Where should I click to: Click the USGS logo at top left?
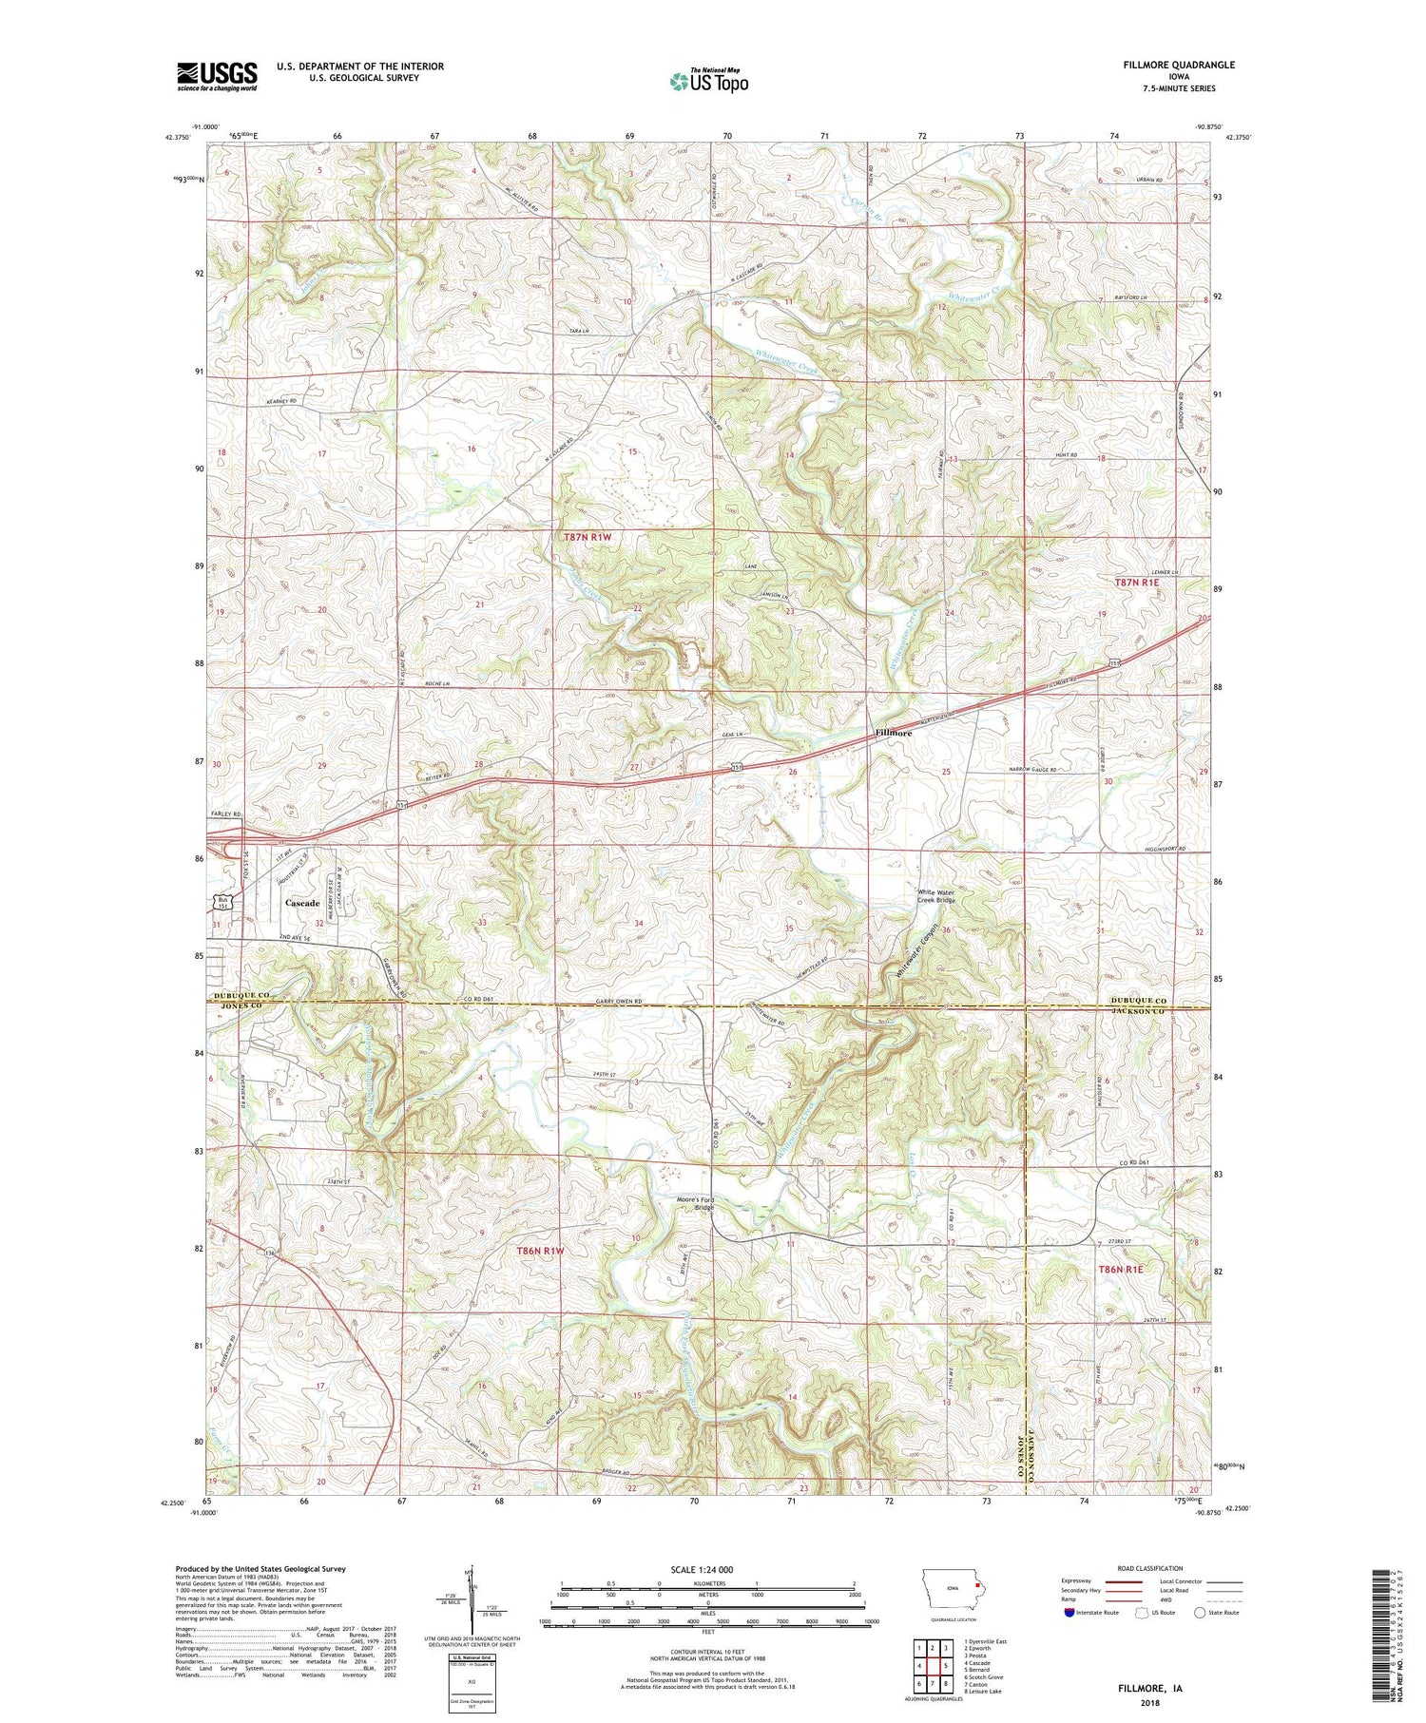[x=217, y=76]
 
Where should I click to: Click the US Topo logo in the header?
[x=708, y=81]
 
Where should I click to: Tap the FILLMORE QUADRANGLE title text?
[x=1180, y=65]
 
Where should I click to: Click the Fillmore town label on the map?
[x=893, y=734]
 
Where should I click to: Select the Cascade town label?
[x=302, y=903]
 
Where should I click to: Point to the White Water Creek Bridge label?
[x=935, y=896]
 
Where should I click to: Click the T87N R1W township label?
[x=588, y=537]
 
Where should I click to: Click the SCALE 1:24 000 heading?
[x=707, y=1569]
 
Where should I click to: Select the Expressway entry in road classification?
[x=1079, y=1581]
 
